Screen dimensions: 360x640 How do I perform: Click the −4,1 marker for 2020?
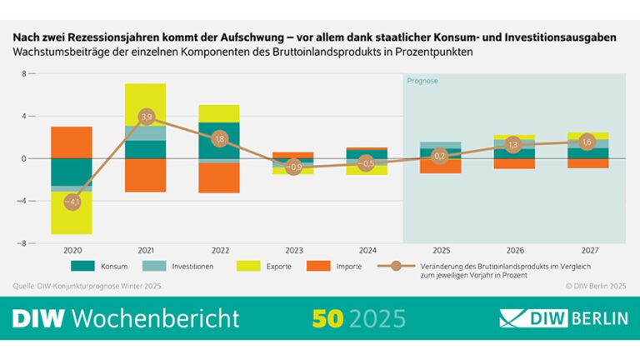[72, 202]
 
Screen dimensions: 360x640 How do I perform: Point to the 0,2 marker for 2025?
[440, 156]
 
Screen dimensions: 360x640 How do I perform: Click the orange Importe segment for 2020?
[72, 142]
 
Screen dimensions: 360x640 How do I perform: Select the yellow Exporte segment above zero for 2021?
[146, 104]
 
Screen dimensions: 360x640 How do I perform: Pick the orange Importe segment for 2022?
[219, 177]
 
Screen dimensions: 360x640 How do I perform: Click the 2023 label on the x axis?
[292, 250]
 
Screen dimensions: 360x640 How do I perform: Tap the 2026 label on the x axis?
[513, 250]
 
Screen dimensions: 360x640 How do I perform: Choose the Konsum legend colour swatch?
[84, 267]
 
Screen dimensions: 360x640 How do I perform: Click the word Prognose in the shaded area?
[422, 81]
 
